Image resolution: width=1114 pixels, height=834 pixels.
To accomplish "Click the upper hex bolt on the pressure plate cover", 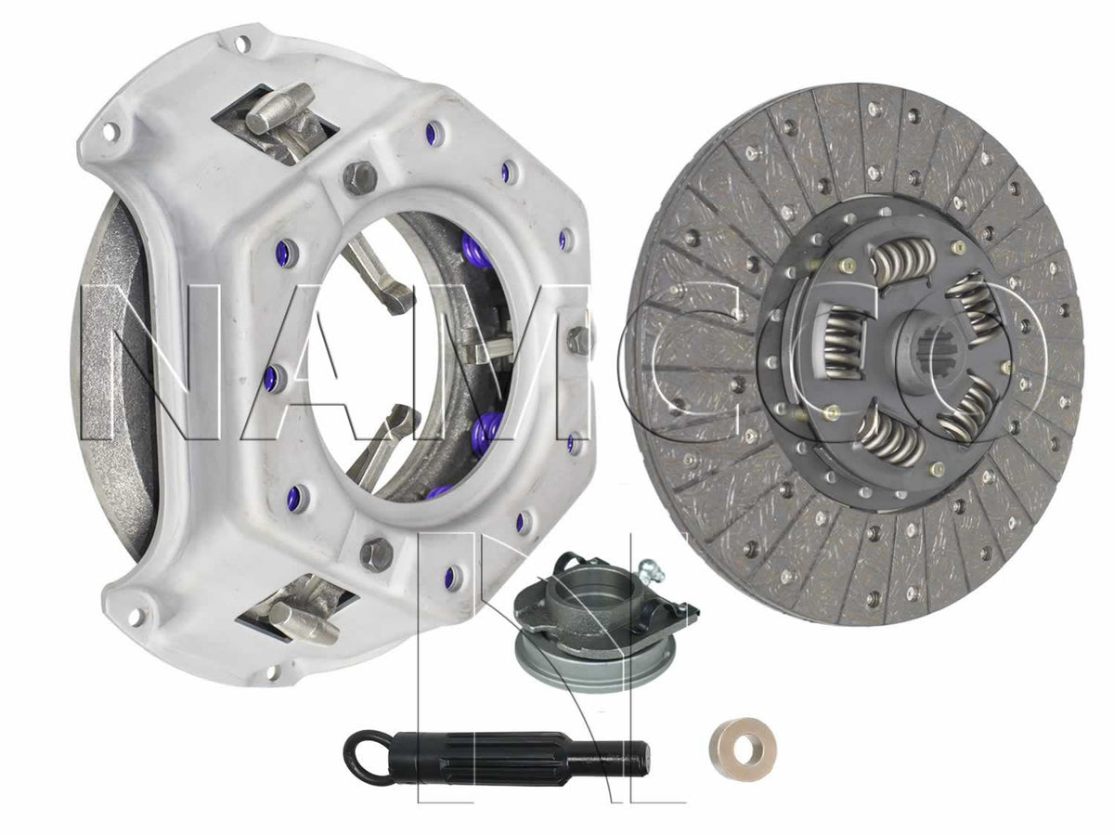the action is click(360, 177).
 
